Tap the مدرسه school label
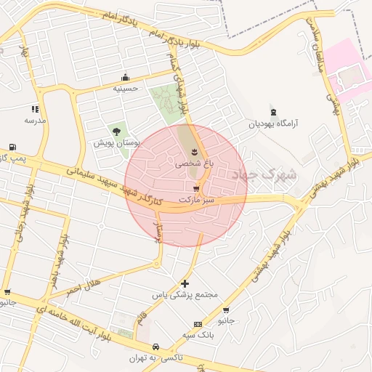[35, 120]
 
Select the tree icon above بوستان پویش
[116, 132]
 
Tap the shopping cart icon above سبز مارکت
[196, 188]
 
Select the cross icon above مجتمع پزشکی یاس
[185, 283]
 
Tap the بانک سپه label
[197, 336]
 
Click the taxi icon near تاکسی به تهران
[157, 347]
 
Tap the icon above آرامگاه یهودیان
[273, 112]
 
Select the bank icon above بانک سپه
[197, 324]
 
